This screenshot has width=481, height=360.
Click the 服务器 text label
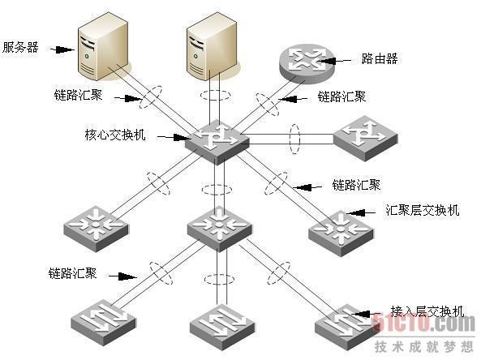pyautogui.click(x=20, y=48)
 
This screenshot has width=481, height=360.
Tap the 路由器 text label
pyautogui.click(x=379, y=58)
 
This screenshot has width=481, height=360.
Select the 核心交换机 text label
pyautogui.click(x=115, y=135)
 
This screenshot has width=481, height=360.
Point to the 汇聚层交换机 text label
pyautogui.click(x=422, y=210)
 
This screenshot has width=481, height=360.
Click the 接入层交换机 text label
pyautogui.click(x=427, y=311)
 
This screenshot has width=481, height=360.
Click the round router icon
pyautogui.click(x=307, y=64)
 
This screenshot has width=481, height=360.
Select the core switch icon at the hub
pyautogui.click(x=217, y=142)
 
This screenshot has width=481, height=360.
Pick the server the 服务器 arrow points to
pyautogui.click(x=103, y=46)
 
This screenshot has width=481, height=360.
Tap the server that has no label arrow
pyautogui.click(x=212, y=46)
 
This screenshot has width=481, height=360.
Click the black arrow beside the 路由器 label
pyautogui.click(x=333, y=61)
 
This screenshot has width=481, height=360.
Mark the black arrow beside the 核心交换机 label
pyautogui.click(x=174, y=137)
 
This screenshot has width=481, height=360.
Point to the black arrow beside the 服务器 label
pyautogui.click(x=62, y=49)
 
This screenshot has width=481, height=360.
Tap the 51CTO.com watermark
pyautogui.click(x=423, y=323)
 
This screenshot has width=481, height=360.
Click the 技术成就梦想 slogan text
pyautogui.click(x=424, y=346)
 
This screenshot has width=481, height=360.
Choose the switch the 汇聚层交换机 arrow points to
pyautogui.click(x=341, y=233)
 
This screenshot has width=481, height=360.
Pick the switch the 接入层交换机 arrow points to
pyautogui.click(x=346, y=328)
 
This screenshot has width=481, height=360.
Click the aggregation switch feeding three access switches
pyautogui.click(x=219, y=229)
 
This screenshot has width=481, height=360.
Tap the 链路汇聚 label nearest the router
pyautogui.click(x=341, y=97)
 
